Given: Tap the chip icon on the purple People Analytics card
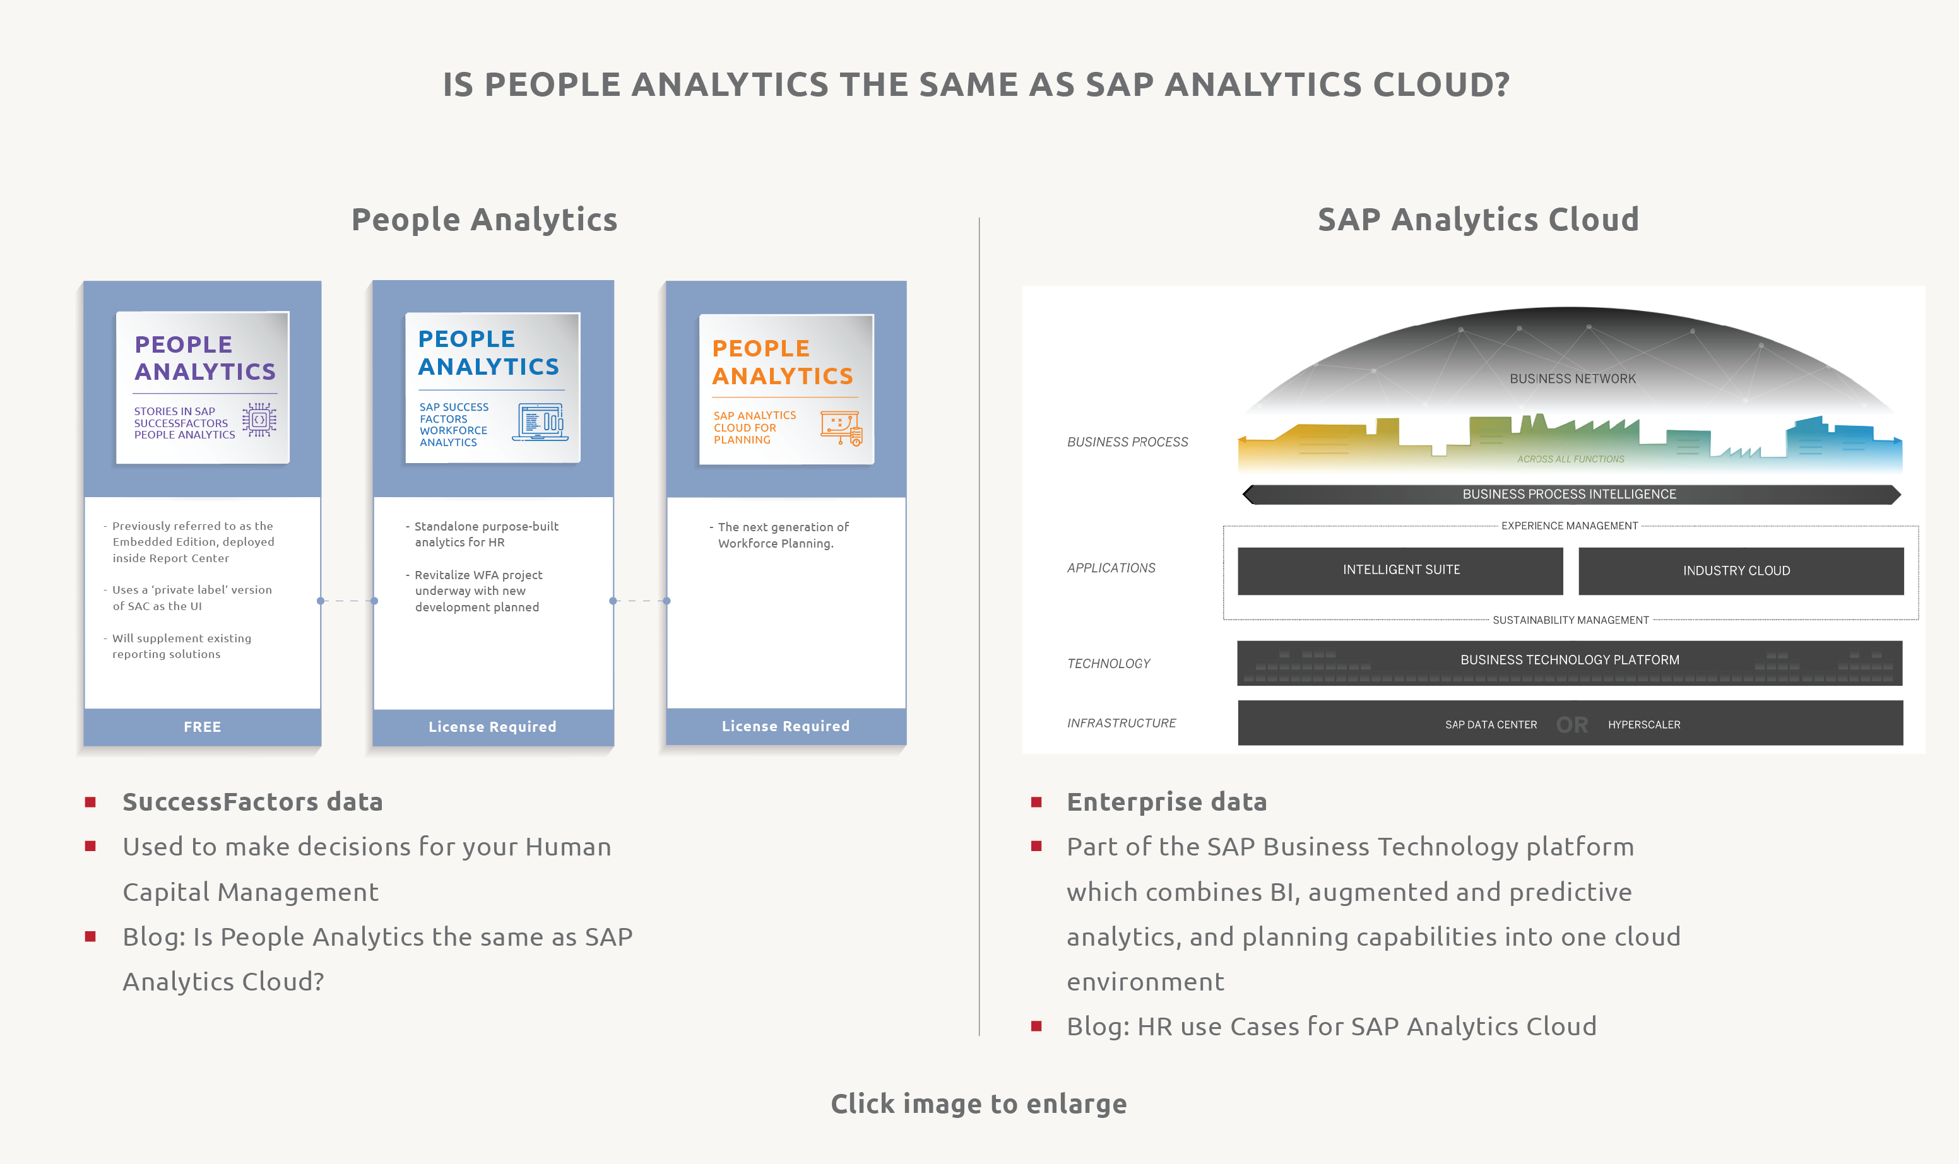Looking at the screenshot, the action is click(259, 420).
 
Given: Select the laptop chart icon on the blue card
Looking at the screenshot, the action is click(540, 422).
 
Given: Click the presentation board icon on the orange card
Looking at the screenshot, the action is click(841, 428).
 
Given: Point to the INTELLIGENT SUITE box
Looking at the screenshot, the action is click(1400, 570).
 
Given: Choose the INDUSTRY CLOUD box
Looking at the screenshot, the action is click(1741, 571).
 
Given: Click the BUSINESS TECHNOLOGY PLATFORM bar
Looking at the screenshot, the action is click(1570, 663).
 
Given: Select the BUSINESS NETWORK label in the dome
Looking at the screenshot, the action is click(1573, 379).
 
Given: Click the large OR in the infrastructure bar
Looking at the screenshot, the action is click(1572, 725).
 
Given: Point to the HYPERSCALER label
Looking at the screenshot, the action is click(1645, 725).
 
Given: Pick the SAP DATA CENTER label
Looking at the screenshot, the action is click(1491, 725).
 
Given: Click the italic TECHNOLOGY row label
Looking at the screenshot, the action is click(1108, 664).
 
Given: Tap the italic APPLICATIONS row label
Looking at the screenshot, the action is click(1111, 568).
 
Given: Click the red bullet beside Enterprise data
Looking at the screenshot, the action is click(1036, 802).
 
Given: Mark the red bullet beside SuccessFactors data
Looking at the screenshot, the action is click(90, 802).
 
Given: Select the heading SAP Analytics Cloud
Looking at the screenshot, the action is click(1478, 220).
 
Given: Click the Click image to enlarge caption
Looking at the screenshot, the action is click(979, 1103).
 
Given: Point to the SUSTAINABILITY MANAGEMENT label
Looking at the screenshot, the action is click(1571, 620).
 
